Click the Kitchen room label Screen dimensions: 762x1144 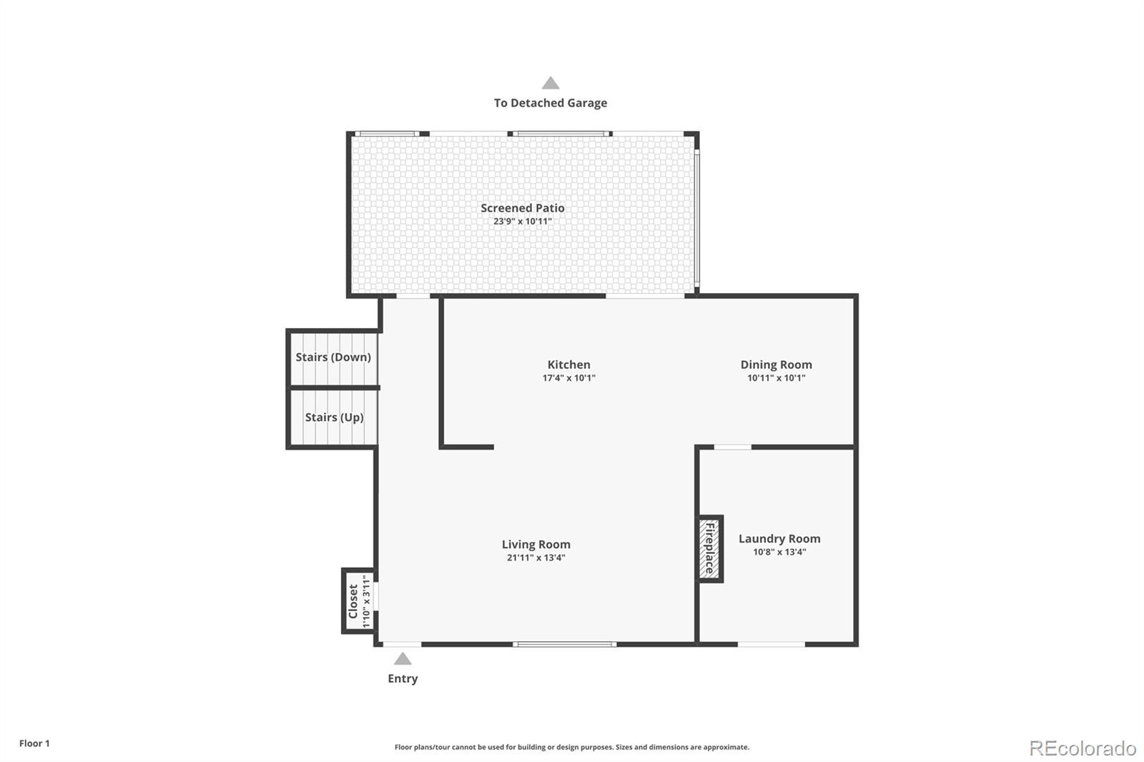point(568,365)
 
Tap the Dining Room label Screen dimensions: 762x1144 point(776,365)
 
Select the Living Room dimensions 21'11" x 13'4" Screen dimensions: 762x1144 point(536,558)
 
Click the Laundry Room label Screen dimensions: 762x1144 point(779,539)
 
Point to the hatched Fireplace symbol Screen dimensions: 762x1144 point(710,549)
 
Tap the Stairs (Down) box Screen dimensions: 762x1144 point(333,357)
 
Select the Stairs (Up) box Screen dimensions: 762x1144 point(334,417)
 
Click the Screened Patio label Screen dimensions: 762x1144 point(522,208)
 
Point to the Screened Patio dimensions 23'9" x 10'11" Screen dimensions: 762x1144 point(522,222)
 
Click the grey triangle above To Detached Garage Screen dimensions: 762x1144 point(550,83)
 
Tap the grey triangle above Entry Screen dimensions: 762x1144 point(403,659)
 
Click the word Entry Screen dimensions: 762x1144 point(403,678)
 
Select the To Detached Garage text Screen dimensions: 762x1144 point(550,103)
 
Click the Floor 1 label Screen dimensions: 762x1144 point(34,743)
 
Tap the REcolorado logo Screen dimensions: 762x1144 point(1082,748)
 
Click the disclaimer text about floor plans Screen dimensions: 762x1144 point(571,747)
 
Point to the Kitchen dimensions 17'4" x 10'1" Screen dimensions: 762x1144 point(568,378)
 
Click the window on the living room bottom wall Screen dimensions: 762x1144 point(564,644)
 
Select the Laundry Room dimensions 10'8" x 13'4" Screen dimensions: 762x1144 point(779,552)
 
